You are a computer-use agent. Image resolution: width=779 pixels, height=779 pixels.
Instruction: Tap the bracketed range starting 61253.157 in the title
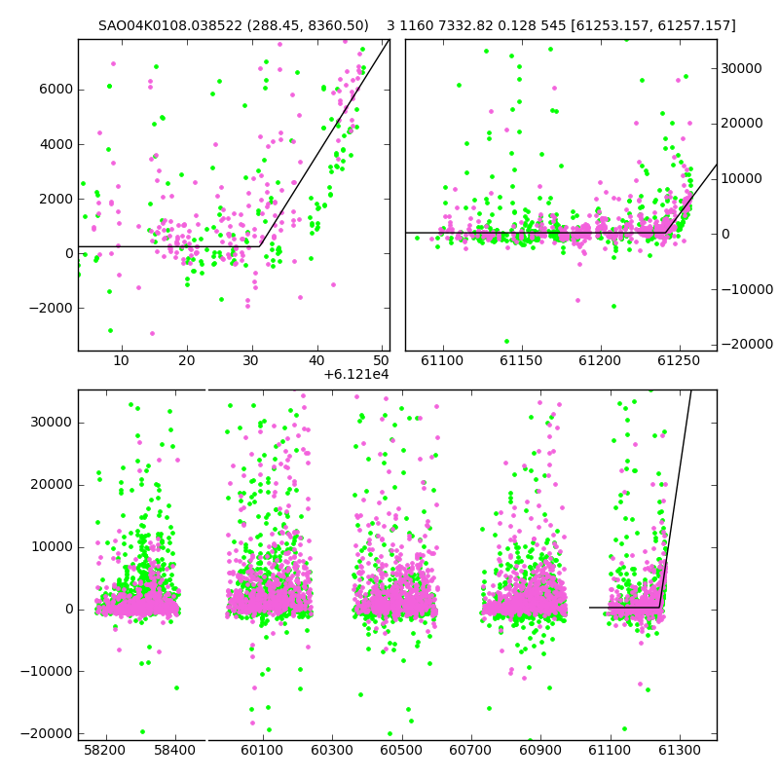point(653,25)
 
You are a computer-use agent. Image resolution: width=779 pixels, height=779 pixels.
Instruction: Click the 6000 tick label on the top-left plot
point(56,90)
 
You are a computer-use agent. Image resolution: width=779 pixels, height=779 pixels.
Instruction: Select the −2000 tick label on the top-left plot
point(52,308)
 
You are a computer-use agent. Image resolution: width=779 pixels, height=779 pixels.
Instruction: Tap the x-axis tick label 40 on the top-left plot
point(317,360)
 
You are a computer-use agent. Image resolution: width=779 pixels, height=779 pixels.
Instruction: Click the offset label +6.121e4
point(356,374)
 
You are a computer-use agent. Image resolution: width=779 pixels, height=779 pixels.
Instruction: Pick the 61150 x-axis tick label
point(521,360)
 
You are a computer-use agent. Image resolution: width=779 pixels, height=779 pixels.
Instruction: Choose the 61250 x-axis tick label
point(679,360)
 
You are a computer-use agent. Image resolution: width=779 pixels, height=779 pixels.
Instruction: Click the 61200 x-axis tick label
point(600,360)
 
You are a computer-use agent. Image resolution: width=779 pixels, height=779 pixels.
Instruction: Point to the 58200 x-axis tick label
point(105,750)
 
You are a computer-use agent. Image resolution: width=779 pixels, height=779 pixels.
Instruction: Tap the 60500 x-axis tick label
point(401,750)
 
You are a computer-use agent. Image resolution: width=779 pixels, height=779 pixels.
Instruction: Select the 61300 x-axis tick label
point(679,750)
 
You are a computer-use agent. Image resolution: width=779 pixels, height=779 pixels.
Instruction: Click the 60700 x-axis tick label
point(470,750)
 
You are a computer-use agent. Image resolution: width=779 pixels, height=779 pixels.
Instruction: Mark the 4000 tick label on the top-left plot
point(56,144)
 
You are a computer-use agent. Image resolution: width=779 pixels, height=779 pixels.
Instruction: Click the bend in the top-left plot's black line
point(259,246)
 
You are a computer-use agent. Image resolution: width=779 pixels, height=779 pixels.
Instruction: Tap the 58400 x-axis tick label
point(175,750)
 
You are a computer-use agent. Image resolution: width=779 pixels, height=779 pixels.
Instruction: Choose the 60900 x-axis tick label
point(540,750)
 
